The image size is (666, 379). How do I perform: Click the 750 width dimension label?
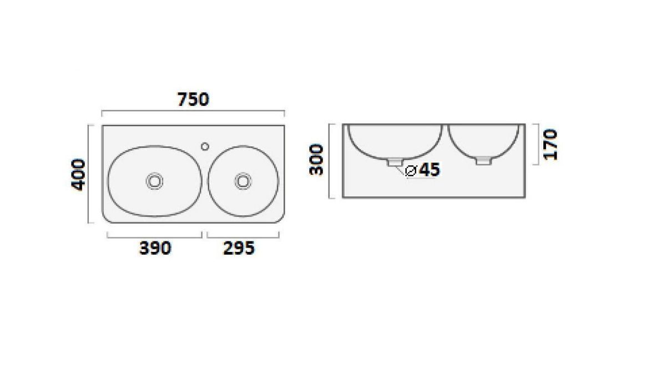click(193, 99)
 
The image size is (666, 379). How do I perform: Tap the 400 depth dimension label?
click(78, 175)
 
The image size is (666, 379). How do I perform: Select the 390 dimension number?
click(155, 248)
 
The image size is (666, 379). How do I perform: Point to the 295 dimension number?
click(239, 248)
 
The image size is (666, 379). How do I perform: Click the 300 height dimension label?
click(316, 160)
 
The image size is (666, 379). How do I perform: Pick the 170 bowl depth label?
click(550, 144)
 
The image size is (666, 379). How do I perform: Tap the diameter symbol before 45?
click(410, 170)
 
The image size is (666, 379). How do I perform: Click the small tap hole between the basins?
click(205, 146)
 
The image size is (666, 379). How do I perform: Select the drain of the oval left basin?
click(155, 181)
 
